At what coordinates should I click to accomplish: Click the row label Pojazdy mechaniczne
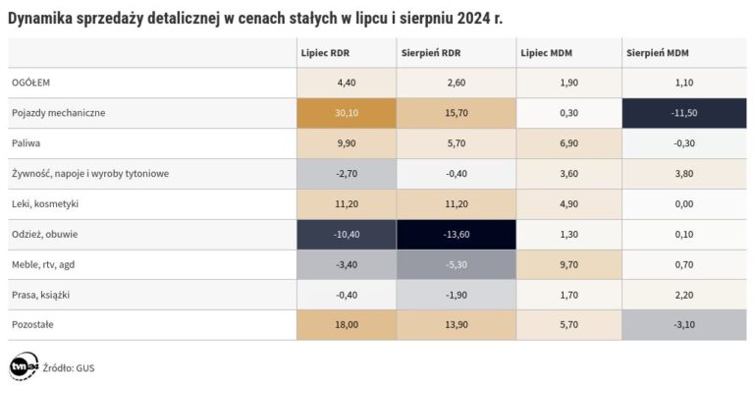coord(58,113)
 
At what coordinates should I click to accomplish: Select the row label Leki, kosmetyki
coord(44,203)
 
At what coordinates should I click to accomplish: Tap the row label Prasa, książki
coord(40,294)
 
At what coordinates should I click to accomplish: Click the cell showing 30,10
coord(346,113)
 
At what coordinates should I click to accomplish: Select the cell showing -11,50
coord(683,113)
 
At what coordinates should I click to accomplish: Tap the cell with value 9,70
coord(568,264)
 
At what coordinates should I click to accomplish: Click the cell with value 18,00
coord(346,324)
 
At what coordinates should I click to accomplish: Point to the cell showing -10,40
coord(346,234)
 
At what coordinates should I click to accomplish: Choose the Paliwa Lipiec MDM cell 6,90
coord(568,143)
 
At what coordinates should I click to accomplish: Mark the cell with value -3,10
coord(683,324)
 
